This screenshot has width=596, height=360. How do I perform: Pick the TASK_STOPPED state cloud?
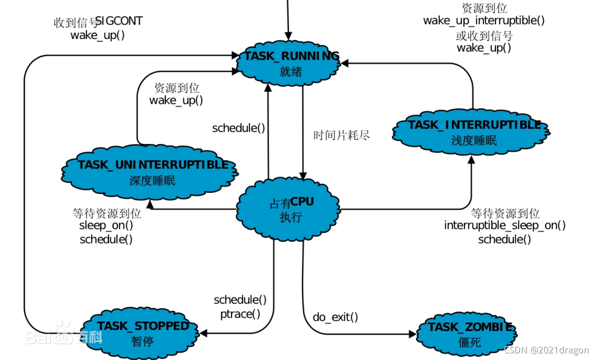pyautogui.click(x=142, y=332)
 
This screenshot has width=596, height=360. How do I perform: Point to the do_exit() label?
pyautogui.click(x=335, y=317)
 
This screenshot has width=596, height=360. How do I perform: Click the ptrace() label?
pyautogui.click(x=240, y=314)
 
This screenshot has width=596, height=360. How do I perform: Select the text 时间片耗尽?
pyautogui.click(x=342, y=135)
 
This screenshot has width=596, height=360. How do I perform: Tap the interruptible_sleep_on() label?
pyautogui.click(x=505, y=225)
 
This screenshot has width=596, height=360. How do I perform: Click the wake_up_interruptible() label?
pyautogui.click(x=484, y=21)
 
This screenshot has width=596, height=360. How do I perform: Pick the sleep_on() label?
pyautogui.click(x=106, y=225)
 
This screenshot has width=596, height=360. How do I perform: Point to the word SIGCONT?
pyautogui.click(x=119, y=21)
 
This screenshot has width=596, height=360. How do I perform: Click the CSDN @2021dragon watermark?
pyautogui.click(x=546, y=350)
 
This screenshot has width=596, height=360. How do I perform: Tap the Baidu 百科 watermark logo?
pyautogui.click(x=63, y=334)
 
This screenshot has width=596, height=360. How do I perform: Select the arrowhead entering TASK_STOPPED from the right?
pyautogui.click(x=203, y=333)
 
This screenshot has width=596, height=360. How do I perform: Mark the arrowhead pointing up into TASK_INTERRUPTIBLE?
pyautogui.click(x=472, y=160)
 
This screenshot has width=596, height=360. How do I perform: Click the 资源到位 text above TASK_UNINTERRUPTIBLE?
pyautogui.click(x=177, y=88)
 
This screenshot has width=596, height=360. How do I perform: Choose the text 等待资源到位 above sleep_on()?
pyautogui.click(x=107, y=214)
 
